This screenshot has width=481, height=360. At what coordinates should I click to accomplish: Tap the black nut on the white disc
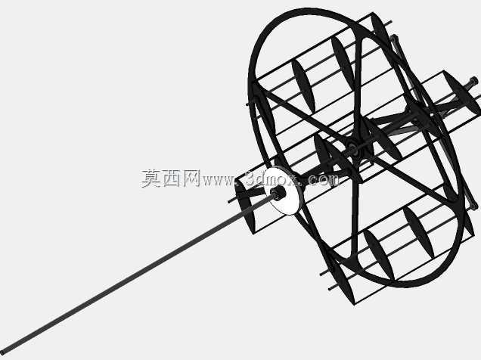tap(278, 193)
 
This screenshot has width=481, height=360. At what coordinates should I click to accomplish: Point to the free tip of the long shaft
tap(2, 350)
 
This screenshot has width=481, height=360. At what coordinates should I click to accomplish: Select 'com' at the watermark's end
tap(323, 180)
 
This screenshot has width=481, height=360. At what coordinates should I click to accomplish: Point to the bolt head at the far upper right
tap(473, 82)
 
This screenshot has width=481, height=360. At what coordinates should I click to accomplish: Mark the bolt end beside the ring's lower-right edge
tap(475, 207)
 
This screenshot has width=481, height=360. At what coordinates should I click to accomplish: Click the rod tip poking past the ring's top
tap(390, 22)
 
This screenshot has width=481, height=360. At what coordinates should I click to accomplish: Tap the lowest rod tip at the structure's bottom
tap(330, 289)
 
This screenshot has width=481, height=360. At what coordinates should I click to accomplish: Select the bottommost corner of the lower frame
tap(355, 304)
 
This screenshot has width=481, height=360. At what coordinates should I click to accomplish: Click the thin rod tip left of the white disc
tap(230, 201)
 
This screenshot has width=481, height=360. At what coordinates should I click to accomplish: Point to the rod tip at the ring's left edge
tap(248, 104)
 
